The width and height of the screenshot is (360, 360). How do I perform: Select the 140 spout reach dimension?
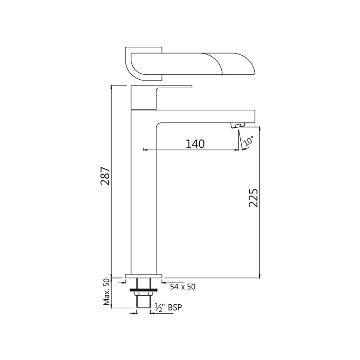195,144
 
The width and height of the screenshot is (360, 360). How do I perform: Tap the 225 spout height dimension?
253,198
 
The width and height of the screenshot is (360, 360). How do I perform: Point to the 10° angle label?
248,140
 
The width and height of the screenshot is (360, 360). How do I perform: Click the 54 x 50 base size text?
182,286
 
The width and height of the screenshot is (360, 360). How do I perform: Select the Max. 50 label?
107,292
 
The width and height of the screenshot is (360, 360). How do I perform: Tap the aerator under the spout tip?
238,125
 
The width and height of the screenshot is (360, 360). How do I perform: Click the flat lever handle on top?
174,86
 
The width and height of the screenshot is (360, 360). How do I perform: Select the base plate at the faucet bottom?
143,275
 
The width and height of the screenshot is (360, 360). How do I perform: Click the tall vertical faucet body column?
143,193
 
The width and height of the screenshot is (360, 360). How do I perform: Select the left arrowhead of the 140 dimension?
144,149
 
